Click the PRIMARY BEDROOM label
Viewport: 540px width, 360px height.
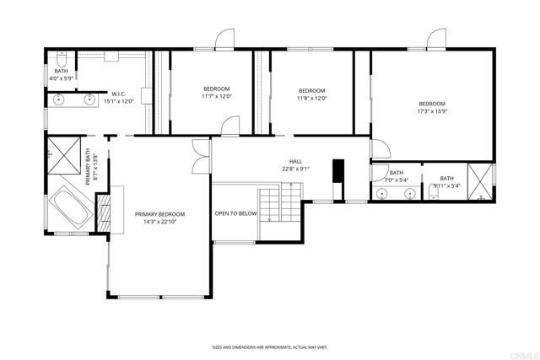[159, 214]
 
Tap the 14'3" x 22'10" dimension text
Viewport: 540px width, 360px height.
[159, 222]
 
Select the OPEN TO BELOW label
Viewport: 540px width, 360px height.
[235, 214]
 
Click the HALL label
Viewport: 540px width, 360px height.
[295, 161]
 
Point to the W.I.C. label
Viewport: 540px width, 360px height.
[119, 94]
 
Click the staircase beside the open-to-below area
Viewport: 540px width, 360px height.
[278, 206]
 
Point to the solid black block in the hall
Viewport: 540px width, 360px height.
[339, 171]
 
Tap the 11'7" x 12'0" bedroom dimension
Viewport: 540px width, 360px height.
[216, 97]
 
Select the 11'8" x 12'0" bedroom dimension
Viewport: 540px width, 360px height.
[312, 98]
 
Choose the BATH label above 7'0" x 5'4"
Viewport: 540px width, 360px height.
[397, 173]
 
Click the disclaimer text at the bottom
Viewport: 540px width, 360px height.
[269, 347]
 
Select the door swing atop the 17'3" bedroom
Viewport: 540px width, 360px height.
[436, 39]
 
